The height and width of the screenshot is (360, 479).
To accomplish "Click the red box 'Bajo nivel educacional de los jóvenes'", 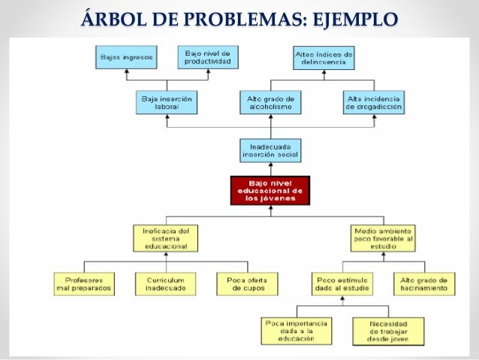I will [270, 189].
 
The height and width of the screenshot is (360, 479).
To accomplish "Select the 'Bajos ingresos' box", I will [125, 57].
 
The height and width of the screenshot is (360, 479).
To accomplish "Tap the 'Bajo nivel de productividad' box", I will [207, 57].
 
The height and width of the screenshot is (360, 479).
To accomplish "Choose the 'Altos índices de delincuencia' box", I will [323, 57].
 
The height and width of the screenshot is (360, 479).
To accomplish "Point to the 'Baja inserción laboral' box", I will [166, 102].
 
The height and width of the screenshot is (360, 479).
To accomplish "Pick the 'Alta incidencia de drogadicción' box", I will [374, 102].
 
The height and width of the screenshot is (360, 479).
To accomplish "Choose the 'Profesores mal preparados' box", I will [85, 283].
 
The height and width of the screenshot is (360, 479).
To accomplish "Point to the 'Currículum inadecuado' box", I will [166, 283].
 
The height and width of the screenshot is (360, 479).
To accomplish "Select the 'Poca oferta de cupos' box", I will [247, 283].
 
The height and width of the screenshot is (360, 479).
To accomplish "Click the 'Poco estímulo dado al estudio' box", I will [342, 283].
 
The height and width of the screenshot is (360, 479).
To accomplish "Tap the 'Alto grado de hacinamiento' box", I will [424, 283].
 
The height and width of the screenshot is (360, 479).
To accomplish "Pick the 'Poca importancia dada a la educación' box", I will [295, 329].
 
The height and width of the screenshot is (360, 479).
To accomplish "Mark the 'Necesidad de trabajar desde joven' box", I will [388, 329].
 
